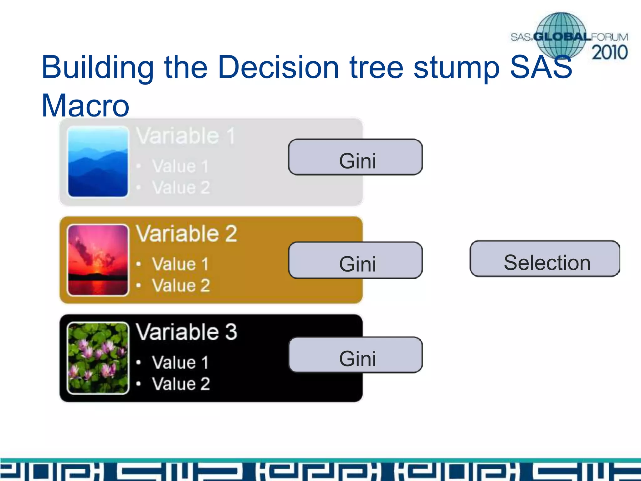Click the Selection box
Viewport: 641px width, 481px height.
pyautogui.click(x=545, y=259)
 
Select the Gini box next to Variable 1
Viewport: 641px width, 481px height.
pyautogui.click(x=355, y=157)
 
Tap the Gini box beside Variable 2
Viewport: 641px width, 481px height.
pyautogui.click(x=355, y=260)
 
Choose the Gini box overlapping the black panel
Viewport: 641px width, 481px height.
pyautogui.click(x=355, y=355)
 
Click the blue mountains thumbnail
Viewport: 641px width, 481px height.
pyautogui.click(x=98, y=162)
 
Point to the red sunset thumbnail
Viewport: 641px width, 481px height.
pyautogui.click(x=98, y=260)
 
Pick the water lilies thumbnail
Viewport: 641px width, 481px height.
pyautogui.click(x=98, y=358)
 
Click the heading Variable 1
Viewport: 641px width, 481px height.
pyautogui.click(x=186, y=136)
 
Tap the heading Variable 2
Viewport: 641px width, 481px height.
pyautogui.click(x=187, y=234)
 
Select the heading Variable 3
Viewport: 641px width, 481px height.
pyautogui.click(x=187, y=332)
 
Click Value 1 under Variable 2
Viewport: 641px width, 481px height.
pyautogui.click(x=180, y=264)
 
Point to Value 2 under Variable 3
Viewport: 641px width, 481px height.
pyautogui.click(x=181, y=384)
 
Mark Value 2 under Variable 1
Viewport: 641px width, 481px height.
pyautogui.click(x=181, y=188)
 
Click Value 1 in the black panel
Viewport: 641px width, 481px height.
pyautogui.click(x=180, y=362)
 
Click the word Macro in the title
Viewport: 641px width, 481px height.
pyautogui.click(x=85, y=106)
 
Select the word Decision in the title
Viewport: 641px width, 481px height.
pyautogui.click(x=278, y=67)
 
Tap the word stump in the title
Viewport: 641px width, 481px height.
pyautogui.click(x=456, y=67)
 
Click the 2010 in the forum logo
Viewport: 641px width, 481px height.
pyautogui.click(x=609, y=52)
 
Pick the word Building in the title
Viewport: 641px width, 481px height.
pyautogui.click(x=98, y=67)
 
